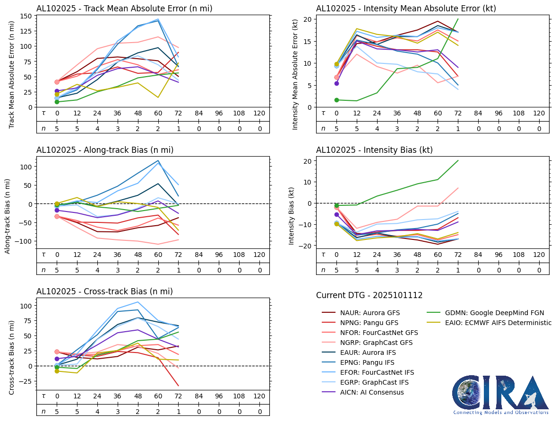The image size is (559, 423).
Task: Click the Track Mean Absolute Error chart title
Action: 124,8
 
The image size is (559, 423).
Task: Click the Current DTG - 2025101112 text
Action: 369,295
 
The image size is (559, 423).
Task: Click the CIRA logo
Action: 501,395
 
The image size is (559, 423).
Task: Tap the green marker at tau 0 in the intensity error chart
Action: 336,100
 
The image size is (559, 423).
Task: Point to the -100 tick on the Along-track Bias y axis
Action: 24,241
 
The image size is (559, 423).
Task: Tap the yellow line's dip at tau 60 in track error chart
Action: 158,97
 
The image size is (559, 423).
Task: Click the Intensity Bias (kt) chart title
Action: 374,150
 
